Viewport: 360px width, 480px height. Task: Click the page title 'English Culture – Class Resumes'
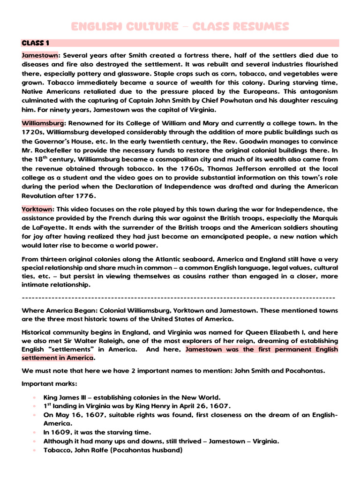(180, 26)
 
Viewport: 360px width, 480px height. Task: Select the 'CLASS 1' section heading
(36, 43)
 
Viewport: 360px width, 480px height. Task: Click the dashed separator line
(178, 298)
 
